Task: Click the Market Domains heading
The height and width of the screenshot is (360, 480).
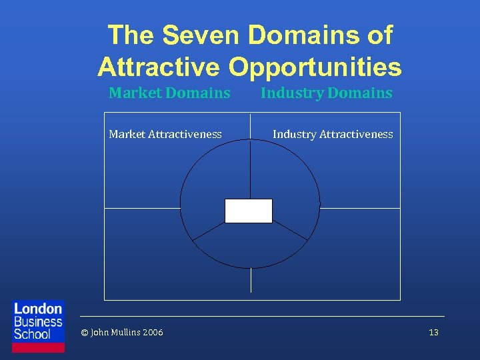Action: coord(169,93)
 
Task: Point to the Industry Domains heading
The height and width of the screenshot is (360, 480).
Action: coord(326,93)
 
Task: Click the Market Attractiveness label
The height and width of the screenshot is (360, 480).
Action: coord(165,134)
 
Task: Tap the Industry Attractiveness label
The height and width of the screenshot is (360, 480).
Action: coord(333,134)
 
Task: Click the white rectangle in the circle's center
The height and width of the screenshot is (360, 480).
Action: coord(249,211)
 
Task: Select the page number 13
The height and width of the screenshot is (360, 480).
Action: coord(433,332)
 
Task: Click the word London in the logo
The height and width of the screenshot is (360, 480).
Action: coord(38,309)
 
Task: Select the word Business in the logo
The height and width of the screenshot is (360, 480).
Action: coord(38,321)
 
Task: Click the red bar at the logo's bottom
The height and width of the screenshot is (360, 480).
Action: coord(39,347)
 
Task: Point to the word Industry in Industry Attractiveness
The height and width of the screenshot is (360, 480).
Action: coord(294,134)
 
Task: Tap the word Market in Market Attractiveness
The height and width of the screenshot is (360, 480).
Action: coord(127,134)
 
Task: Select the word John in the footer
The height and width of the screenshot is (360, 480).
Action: coord(98,332)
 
